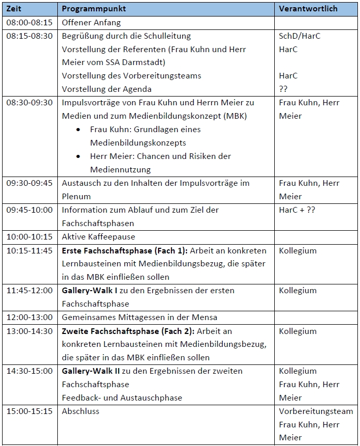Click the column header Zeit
[x=14, y=9]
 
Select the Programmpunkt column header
[x=93, y=9]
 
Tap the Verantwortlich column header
[x=308, y=9]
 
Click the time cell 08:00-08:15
[x=29, y=23]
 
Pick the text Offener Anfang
[x=91, y=23]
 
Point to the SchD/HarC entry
[x=300, y=36]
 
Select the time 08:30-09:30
[x=29, y=103]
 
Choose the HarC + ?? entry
[x=297, y=210]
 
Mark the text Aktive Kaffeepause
[x=98, y=237]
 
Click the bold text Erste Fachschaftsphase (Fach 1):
[x=124, y=251]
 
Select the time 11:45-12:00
[x=29, y=291]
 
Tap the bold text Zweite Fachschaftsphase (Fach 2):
[x=129, y=331]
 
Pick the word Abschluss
[x=81, y=411]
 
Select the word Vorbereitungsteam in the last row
[x=316, y=411]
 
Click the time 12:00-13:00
[x=29, y=317]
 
